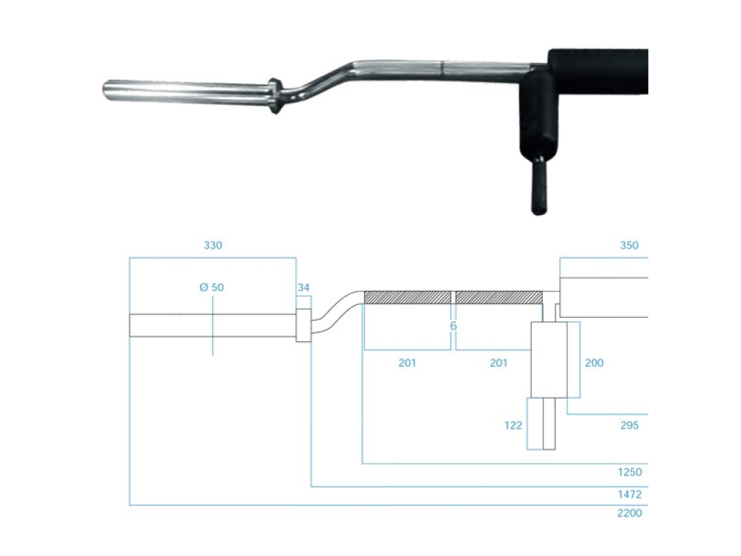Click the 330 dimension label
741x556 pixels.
click(213, 245)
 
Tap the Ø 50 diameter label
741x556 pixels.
click(211, 287)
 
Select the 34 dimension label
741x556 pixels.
click(303, 287)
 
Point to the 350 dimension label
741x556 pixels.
click(629, 245)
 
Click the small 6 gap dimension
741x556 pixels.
click(454, 326)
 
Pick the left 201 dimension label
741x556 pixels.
click(407, 363)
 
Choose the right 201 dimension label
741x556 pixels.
click(498, 363)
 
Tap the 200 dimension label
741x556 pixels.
click(594, 363)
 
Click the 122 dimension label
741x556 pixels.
click(513, 426)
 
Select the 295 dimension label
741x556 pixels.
click(630, 426)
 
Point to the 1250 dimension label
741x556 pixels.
click(630, 472)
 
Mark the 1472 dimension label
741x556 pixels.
click(630, 495)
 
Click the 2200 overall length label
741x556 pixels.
click(630, 513)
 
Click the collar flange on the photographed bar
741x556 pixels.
click(274, 96)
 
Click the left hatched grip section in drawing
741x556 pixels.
click(407, 298)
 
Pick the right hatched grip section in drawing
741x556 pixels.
click(499, 298)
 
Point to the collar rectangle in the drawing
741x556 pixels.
click(303, 325)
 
